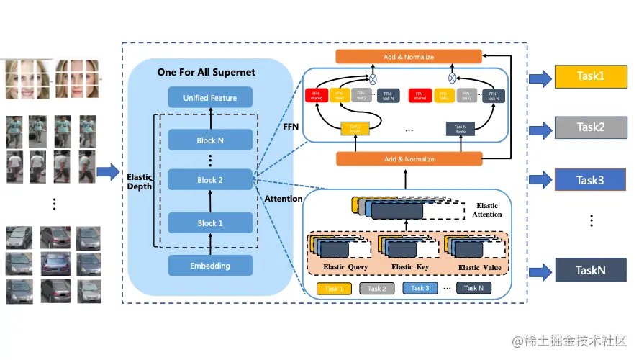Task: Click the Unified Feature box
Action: [210, 98]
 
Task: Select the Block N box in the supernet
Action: [210, 140]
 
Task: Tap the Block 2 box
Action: [210, 180]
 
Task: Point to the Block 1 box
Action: [210, 223]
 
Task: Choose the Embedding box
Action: [210, 266]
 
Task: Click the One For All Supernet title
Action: [207, 73]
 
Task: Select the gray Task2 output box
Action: [590, 127]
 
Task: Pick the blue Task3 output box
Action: [590, 180]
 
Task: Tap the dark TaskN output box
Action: [590, 271]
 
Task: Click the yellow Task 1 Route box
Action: [355, 129]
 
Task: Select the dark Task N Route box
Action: [461, 129]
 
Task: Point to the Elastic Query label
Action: [345, 267]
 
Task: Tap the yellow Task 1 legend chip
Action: [335, 289]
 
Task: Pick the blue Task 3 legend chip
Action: [420, 289]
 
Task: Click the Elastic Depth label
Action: [140, 181]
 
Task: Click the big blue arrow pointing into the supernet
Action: [108, 171]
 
